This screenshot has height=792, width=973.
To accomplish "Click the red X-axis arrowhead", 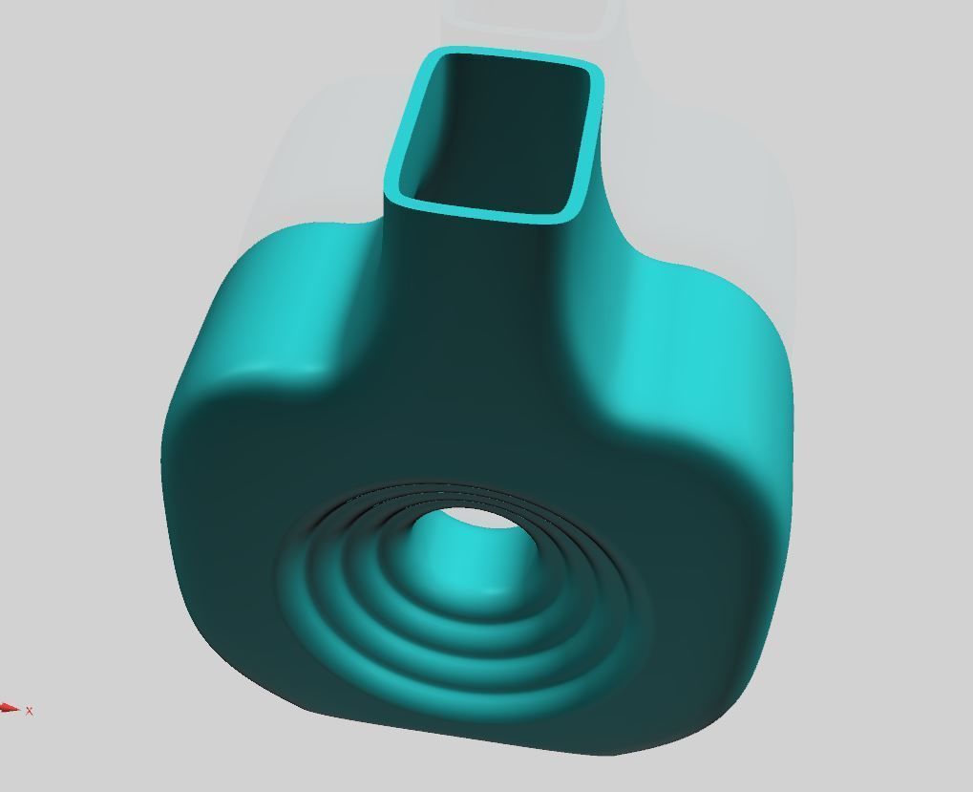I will (10, 708).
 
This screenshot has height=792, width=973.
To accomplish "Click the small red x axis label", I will (31, 711).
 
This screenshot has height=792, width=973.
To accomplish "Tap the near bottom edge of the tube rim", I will (482, 211).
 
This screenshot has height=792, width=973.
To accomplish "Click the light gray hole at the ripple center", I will (468, 521).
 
